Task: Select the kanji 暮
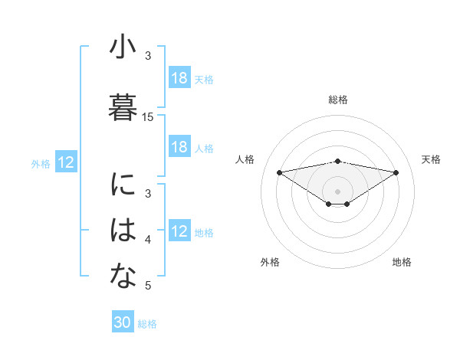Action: (x=123, y=107)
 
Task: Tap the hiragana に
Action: (x=123, y=185)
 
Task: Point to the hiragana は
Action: (x=123, y=231)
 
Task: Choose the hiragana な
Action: (x=123, y=278)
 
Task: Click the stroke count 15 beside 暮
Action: (x=148, y=117)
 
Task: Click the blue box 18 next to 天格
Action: (x=179, y=78)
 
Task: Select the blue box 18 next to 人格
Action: (x=179, y=147)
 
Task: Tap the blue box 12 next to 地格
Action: (x=179, y=231)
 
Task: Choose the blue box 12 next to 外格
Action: (x=66, y=162)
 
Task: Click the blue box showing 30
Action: (x=123, y=322)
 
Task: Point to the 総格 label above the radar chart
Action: (x=338, y=100)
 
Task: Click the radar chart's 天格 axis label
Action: (x=432, y=159)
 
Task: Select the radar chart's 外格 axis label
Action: (x=270, y=262)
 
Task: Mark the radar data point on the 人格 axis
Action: (x=279, y=172)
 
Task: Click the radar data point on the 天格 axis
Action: (x=396, y=172)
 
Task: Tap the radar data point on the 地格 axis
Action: (x=347, y=204)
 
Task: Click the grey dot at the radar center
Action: (x=338, y=190)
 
